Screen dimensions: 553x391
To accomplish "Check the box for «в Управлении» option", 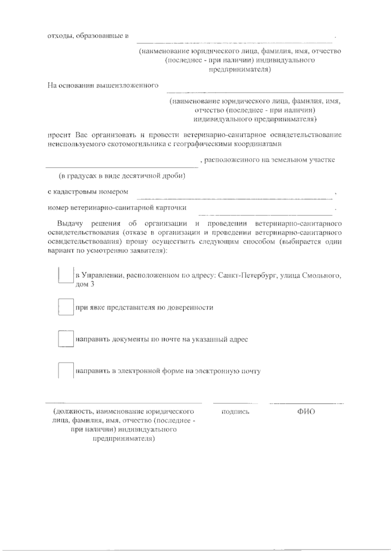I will [65, 276].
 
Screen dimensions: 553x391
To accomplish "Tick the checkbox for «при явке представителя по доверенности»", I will [65, 307].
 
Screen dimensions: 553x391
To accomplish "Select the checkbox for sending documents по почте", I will [65, 339].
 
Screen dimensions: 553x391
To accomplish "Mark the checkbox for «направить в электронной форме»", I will [65, 371].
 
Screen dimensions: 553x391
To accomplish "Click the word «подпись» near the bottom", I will [235, 412].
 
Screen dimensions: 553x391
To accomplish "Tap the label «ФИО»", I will [306, 412].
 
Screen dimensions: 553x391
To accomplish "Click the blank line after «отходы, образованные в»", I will [234, 41].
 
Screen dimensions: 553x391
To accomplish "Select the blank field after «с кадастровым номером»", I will [234, 197].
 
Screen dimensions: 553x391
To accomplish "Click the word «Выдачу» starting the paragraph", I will [70, 224].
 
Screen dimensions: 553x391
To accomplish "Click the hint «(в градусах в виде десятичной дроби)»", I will [122, 176].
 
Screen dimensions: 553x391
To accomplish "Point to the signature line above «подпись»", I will [235, 403].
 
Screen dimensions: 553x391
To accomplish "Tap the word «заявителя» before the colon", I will [148, 251].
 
